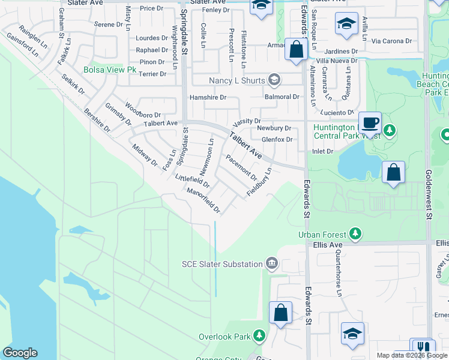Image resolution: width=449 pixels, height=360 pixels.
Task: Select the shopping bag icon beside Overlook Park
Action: point(280,313)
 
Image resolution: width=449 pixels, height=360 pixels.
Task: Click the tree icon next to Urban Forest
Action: point(355,233)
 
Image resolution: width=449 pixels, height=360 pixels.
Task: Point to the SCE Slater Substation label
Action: point(222,264)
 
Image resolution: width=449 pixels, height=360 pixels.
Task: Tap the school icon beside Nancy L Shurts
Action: point(274,79)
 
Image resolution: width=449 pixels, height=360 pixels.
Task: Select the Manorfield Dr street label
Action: point(204,200)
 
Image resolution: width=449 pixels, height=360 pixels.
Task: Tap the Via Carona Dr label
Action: point(391,41)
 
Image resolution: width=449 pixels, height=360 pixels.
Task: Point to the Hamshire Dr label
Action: point(208,97)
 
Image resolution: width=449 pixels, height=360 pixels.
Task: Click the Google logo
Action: point(20,353)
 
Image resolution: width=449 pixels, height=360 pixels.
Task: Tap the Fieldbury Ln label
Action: point(259,182)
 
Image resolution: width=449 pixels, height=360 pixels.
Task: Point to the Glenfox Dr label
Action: point(277,140)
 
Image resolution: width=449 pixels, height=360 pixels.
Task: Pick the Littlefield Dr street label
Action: point(191,180)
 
